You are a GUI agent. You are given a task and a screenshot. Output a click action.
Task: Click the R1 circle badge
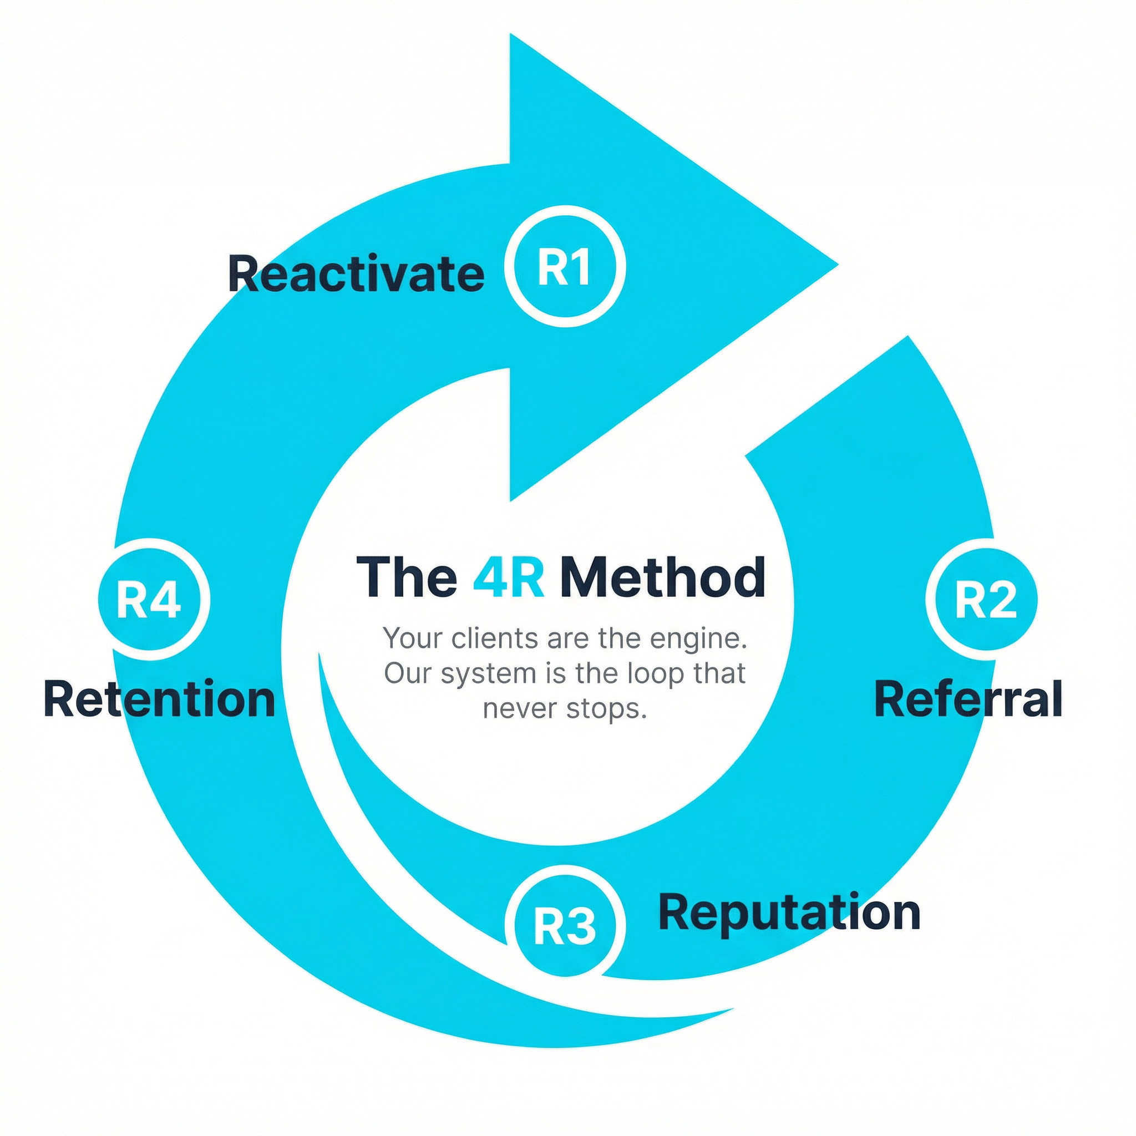click(565, 266)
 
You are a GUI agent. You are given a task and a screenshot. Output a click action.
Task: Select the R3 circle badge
click(565, 926)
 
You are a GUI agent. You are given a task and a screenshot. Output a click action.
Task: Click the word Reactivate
click(356, 273)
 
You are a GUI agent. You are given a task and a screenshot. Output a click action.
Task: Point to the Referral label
click(968, 698)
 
